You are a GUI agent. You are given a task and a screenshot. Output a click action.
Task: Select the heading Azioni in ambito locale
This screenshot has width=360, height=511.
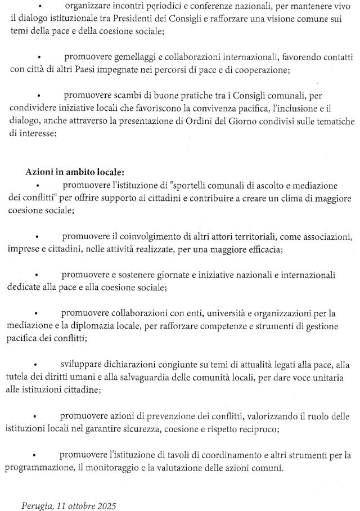[75, 172]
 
